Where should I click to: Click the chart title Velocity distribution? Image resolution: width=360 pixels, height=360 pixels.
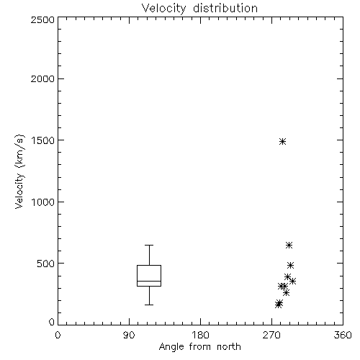click(x=199, y=9)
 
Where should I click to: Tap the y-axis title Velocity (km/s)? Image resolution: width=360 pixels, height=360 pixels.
click(x=19, y=171)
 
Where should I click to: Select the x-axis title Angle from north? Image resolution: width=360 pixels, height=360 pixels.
click(x=199, y=346)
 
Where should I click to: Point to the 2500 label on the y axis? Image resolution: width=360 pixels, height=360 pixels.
click(x=42, y=19)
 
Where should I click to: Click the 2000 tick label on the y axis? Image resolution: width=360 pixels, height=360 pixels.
click(x=42, y=78)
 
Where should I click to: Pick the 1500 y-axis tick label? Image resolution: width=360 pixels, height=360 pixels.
click(x=43, y=140)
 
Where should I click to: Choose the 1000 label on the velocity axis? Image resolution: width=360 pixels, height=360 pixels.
click(x=43, y=202)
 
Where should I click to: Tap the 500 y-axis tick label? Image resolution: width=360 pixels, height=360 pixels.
click(x=46, y=264)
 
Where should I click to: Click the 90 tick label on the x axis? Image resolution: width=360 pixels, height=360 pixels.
click(x=129, y=335)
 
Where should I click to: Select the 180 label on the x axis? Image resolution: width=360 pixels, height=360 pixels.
click(x=200, y=335)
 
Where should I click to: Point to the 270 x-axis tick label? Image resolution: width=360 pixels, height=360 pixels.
click(x=271, y=335)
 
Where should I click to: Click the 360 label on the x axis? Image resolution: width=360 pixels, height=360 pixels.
click(x=343, y=335)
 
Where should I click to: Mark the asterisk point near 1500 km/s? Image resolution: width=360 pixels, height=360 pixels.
click(x=283, y=141)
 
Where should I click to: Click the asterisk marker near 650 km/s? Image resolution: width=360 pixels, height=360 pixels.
click(x=289, y=245)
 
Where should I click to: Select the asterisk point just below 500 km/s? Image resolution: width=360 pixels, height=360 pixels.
click(x=290, y=265)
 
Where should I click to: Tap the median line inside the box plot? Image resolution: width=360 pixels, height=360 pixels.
click(x=149, y=281)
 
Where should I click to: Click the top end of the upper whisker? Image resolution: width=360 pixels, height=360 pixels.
click(x=149, y=245)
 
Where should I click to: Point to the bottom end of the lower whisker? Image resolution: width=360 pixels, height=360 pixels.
click(x=149, y=305)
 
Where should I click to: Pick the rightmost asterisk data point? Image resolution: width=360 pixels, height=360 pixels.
click(x=292, y=281)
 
